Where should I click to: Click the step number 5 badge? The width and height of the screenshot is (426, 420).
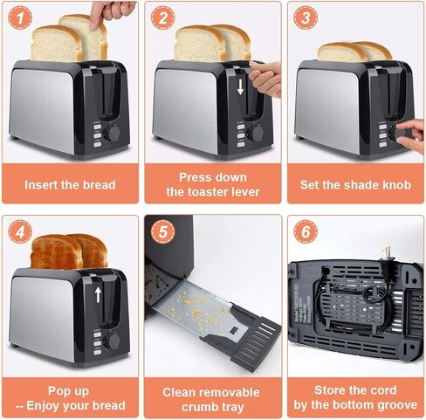pyautogui.click(x=161, y=232)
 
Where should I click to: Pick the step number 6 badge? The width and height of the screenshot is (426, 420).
pyautogui.click(x=303, y=232)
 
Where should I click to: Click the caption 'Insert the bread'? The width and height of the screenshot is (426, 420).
pyautogui.click(x=69, y=184)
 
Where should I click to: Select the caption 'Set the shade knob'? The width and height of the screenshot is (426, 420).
pyautogui.click(x=354, y=184)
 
